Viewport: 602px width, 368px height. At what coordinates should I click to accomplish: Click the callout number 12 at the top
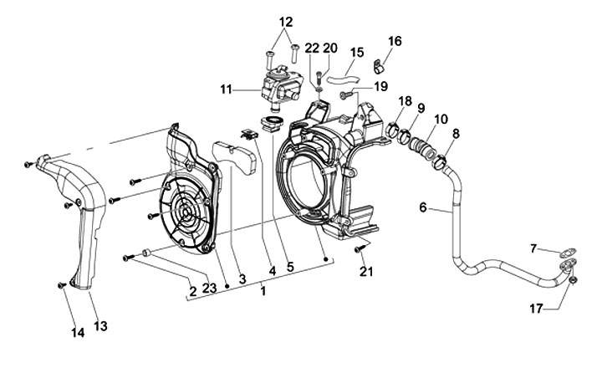click(x=286, y=22)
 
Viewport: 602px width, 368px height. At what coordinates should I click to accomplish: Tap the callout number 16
click(x=395, y=41)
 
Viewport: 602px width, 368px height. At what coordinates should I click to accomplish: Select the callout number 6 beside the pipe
click(x=423, y=207)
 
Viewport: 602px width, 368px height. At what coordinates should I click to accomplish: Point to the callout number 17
click(x=536, y=309)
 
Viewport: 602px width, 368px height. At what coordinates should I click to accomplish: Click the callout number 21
click(x=366, y=272)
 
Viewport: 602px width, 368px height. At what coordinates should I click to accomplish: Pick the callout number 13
click(x=100, y=326)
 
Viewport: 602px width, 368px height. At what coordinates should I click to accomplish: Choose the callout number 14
click(x=78, y=333)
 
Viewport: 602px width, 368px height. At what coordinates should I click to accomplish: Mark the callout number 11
click(x=227, y=89)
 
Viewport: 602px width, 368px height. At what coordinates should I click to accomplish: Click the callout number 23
click(x=210, y=288)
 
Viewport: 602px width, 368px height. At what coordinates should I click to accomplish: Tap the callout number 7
click(x=533, y=248)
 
